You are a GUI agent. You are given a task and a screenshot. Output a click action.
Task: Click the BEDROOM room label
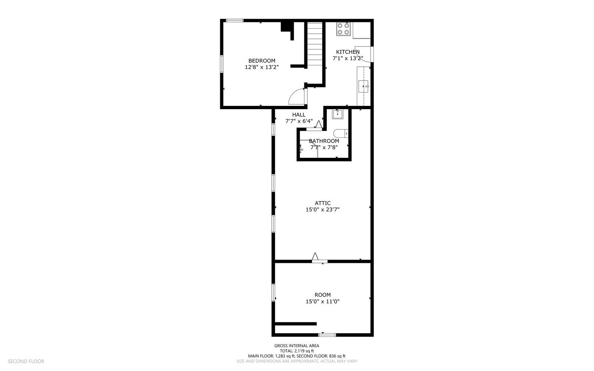(262, 61)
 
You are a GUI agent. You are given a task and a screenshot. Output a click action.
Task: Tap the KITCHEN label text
(347, 52)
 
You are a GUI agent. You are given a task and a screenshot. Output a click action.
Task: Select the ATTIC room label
(323, 203)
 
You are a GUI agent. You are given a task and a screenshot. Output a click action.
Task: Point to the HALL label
(299, 115)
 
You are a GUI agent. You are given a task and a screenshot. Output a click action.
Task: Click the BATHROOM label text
(324, 141)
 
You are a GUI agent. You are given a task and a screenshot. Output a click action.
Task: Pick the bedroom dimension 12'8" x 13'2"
(262, 67)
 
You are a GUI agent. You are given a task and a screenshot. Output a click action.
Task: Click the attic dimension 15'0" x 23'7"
(323, 210)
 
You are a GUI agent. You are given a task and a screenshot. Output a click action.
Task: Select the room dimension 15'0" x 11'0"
(323, 302)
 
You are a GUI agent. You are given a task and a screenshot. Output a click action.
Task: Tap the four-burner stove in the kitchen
(343, 29)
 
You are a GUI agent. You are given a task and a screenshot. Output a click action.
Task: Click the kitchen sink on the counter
(363, 86)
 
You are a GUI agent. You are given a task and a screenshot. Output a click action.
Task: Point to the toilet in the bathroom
(341, 133)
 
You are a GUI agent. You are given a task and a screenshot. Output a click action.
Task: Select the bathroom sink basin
(337, 114)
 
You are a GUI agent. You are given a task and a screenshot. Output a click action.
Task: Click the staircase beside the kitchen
(315, 44)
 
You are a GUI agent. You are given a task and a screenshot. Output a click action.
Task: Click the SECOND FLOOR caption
(26, 361)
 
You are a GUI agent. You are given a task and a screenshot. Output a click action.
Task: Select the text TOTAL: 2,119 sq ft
(297, 351)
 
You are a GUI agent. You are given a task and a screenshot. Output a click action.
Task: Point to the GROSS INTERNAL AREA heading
(297, 346)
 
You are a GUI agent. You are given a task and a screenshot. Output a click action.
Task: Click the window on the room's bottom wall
(327, 335)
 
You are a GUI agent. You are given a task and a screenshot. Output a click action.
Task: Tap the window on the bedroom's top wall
(235, 20)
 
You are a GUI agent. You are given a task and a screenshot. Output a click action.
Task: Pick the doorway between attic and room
(320, 261)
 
